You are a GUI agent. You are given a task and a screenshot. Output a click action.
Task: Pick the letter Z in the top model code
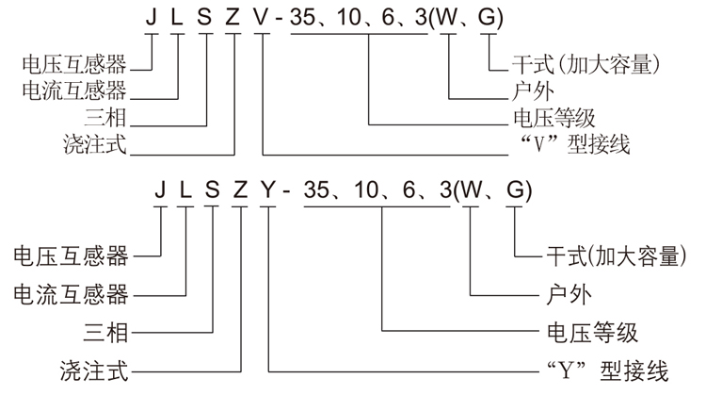(234, 19)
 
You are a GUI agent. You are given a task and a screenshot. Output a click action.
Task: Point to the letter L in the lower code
(185, 190)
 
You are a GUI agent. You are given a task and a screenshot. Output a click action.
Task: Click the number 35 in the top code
(308, 19)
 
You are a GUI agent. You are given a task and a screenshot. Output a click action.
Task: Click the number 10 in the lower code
(364, 190)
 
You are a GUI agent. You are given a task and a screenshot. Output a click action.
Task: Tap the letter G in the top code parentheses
(488, 19)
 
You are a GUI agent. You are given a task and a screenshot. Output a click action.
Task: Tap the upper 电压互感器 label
(74, 64)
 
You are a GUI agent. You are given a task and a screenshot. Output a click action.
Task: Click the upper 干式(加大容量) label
(584, 65)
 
